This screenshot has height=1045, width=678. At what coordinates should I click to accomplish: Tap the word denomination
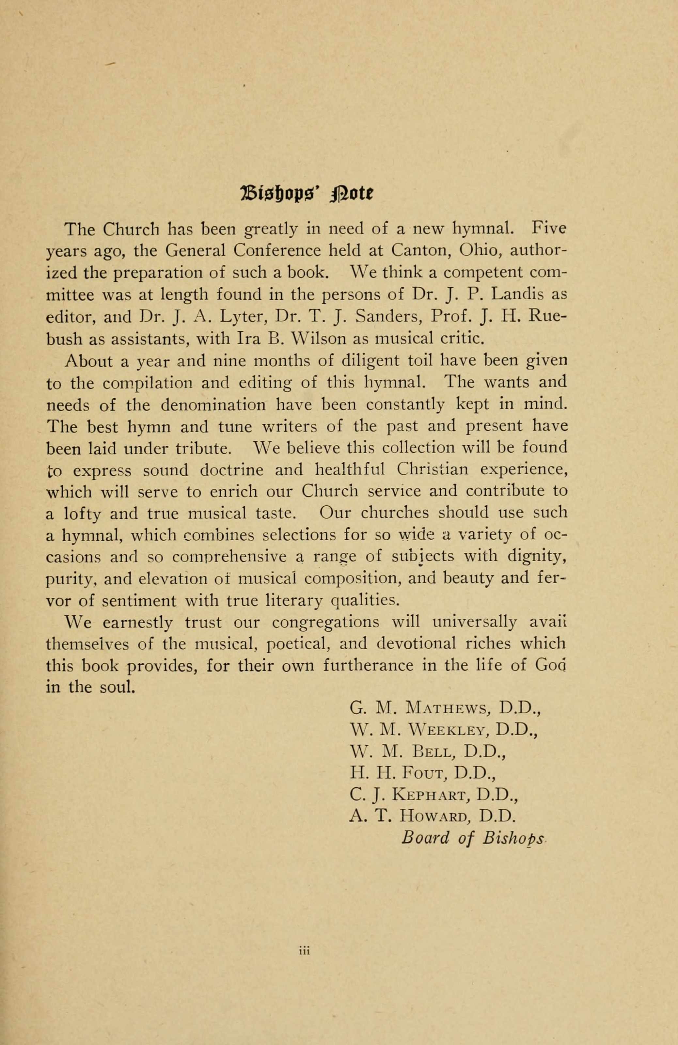tap(213, 404)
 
